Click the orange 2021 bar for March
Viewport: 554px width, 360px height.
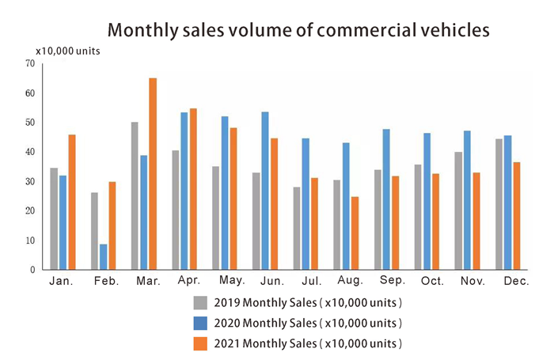pos(153,174)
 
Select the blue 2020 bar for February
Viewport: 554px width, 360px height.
pos(103,257)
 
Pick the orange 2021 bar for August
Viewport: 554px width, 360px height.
pos(355,233)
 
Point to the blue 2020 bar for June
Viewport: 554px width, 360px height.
pos(265,191)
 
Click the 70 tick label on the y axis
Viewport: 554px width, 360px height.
pos(29,63)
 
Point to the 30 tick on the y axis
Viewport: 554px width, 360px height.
pos(29,182)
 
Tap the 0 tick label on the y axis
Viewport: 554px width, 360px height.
pos(32,271)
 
